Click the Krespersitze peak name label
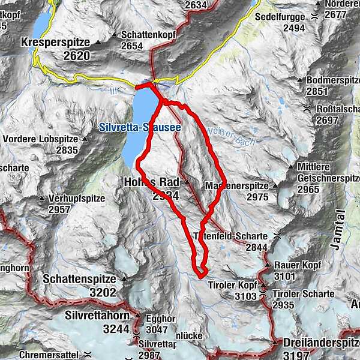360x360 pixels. click(x=55, y=43)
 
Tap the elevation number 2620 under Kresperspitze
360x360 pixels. click(x=71, y=56)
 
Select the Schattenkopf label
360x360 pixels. click(x=148, y=35)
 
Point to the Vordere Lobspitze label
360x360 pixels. click(x=40, y=139)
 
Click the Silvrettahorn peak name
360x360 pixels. click(x=98, y=314)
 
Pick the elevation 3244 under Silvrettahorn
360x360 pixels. click(x=115, y=328)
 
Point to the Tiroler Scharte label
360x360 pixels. click(x=303, y=293)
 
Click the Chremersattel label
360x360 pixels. click(x=47, y=355)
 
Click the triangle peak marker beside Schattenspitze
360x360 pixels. click(x=124, y=279)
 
